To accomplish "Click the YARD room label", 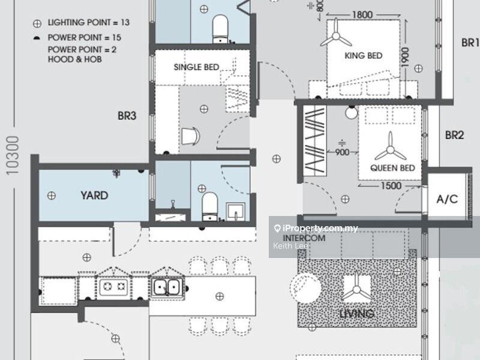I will (94, 196).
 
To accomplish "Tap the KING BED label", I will (363, 56).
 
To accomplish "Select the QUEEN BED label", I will (392, 168).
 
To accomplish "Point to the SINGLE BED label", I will (196, 67).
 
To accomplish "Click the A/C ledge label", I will (447, 199).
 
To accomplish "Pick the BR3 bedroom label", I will (127, 116).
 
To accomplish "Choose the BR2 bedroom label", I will (454, 136).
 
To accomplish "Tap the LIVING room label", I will (356, 314).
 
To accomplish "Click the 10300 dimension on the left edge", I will (13, 155).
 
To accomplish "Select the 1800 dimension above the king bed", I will (362, 15).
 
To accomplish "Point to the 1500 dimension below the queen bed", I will (391, 186).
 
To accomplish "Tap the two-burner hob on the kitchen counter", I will (113, 288).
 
